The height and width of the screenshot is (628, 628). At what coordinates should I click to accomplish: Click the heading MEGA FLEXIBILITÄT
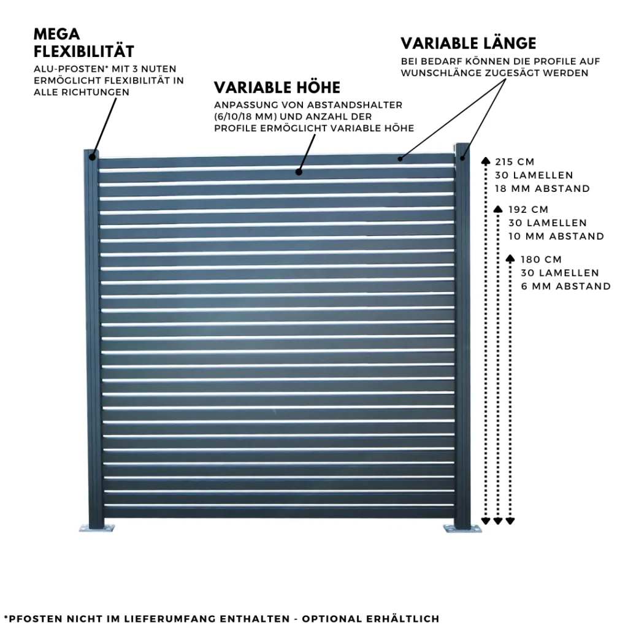point(83,41)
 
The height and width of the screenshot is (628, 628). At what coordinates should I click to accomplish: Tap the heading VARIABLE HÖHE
point(277,87)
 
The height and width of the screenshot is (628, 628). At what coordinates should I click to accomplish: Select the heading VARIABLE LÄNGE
point(469,44)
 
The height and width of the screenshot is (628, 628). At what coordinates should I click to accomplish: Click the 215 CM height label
point(515,162)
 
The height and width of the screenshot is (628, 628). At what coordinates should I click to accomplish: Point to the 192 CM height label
point(528,210)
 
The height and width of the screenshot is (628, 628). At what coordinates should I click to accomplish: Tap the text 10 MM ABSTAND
point(556,236)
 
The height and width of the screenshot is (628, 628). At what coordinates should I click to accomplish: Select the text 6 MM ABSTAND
point(565,286)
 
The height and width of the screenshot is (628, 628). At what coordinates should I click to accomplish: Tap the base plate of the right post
point(462,527)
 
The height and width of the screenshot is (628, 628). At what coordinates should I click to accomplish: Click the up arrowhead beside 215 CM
point(486,161)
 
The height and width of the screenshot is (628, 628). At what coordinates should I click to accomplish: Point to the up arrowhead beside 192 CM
point(498,209)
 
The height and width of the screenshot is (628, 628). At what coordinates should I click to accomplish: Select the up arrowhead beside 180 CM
point(510,258)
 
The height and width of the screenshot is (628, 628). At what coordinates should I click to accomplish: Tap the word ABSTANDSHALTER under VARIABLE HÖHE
point(356,105)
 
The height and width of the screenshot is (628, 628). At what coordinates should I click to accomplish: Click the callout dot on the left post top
point(92,156)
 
